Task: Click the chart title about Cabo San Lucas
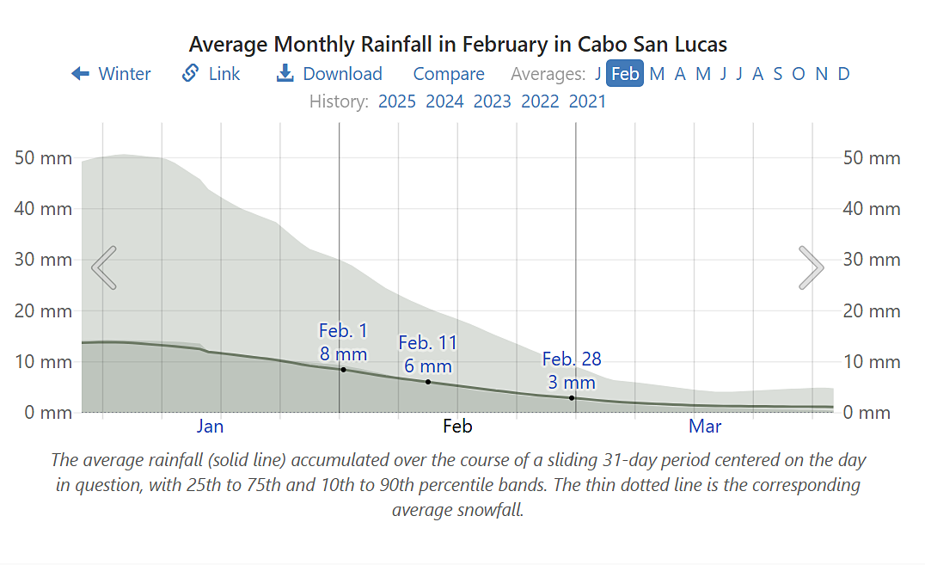click(x=458, y=44)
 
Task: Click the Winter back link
click(x=112, y=74)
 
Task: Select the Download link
click(x=329, y=74)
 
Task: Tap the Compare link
click(x=449, y=74)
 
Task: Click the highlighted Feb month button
click(x=625, y=74)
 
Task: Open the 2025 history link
click(x=397, y=101)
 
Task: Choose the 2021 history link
click(x=587, y=101)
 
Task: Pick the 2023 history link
click(x=492, y=101)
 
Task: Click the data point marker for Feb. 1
click(x=343, y=370)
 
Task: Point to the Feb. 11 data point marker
click(x=428, y=382)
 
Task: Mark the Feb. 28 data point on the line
click(x=572, y=398)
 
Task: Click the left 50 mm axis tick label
click(x=44, y=158)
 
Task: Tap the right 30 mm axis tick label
click(x=872, y=260)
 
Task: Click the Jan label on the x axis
click(x=210, y=427)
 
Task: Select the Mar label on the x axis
click(x=705, y=427)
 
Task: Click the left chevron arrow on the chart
click(x=104, y=267)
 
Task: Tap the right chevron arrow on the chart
click(x=811, y=267)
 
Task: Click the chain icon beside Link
click(x=191, y=74)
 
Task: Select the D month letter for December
click(x=843, y=74)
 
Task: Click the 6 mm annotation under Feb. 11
click(x=428, y=366)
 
